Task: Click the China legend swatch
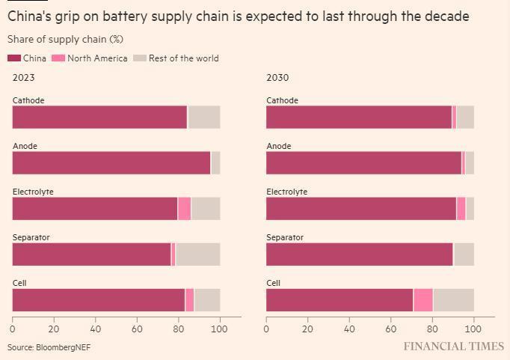14,58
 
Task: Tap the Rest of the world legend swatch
139,58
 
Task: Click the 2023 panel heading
23,77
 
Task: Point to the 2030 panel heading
277,77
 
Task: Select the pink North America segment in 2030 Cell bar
423,300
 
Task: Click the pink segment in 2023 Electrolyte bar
184,209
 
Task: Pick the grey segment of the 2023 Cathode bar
203,118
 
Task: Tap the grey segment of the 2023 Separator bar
197,254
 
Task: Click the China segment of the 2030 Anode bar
363,163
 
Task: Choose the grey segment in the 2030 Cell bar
453,300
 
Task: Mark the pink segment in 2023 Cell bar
189,300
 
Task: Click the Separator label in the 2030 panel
285,237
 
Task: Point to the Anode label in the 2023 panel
25,146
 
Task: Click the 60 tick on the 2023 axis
137,329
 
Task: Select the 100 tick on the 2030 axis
474,329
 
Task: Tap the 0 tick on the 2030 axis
266,329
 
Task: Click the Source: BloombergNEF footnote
49,347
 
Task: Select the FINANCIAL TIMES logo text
453,347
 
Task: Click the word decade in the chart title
447,16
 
